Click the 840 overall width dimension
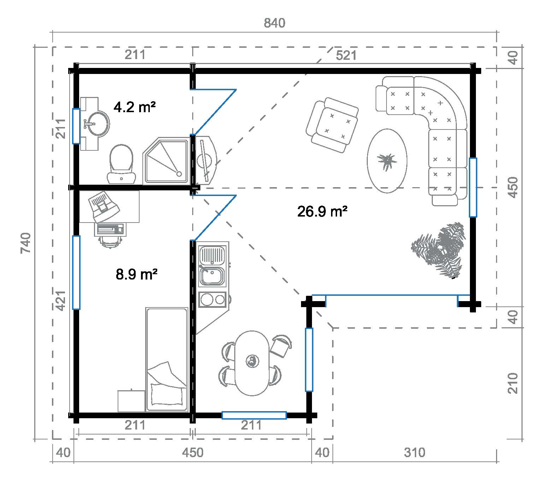(x=274, y=23)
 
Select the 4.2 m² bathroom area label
(x=135, y=107)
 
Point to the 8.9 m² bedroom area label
(x=136, y=274)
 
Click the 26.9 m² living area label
(x=323, y=212)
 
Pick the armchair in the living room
(x=332, y=125)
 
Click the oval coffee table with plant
(x=387, y=161)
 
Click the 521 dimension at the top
(x=346, y=56)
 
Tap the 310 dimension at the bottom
(x=414, y=452)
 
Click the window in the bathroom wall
(x=76, y=126)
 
